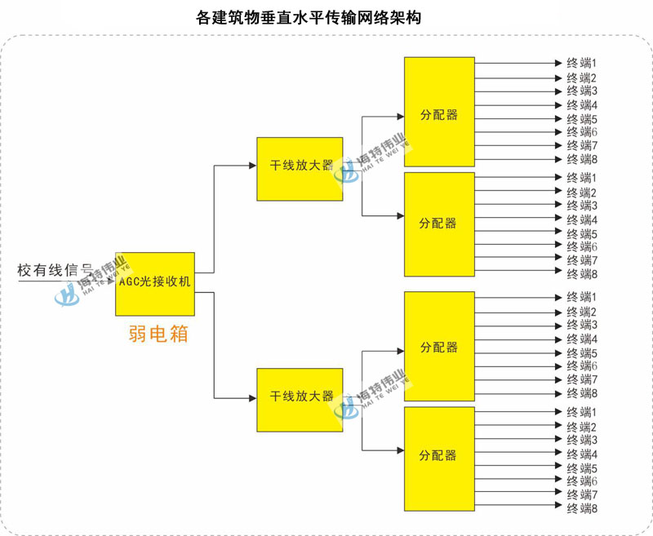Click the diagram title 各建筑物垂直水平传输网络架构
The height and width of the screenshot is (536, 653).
(309, 18)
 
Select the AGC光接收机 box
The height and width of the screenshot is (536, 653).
(155, 284)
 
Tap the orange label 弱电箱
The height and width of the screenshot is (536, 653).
(158, 334)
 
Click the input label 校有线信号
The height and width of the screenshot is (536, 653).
(54, 271)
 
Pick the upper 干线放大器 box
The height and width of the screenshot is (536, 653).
(300, 169)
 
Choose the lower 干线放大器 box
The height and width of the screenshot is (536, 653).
(300, 400)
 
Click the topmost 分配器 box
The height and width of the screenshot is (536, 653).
(439, 112)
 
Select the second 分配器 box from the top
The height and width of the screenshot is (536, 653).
(439, 224)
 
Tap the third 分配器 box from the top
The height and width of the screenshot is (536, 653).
(439, 346)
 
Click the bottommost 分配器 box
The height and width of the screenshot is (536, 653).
(439, 458)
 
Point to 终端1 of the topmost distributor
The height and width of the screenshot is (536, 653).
(582, 64)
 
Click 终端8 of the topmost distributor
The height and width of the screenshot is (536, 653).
(582, 159)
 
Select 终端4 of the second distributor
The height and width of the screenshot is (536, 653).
(582, 219)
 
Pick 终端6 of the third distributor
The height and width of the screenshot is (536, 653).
(582, 366)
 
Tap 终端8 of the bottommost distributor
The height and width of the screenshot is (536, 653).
(582, 508)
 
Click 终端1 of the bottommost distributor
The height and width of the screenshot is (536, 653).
(582, 413)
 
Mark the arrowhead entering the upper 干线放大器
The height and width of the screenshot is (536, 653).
(253, 166)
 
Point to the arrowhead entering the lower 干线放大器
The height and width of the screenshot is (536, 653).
(253, 398)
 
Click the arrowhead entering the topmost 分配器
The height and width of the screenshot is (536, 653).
(401, 117)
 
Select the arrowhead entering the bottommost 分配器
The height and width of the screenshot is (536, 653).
(401, 450)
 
